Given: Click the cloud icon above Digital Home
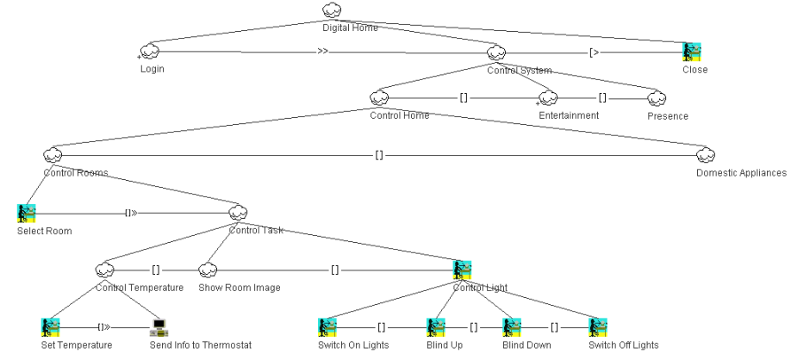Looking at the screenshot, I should [332, 11].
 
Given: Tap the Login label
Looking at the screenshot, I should [153, 70].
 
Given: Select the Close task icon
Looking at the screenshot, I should [692, 52].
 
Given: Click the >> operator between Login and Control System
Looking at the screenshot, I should [322, 52].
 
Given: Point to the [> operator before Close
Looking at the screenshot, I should [595, 52].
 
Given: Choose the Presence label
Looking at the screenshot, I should [668, 115].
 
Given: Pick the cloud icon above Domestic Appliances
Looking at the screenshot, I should [707, 155].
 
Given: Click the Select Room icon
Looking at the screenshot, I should [26, 213].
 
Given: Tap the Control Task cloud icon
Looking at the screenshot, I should [239, 213].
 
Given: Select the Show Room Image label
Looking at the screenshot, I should [239, 288].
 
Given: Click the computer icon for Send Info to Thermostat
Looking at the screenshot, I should [159, 327].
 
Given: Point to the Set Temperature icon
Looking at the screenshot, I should [50, 327].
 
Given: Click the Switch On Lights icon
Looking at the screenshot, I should [327, 327].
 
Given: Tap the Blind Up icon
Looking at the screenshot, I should [436, 327].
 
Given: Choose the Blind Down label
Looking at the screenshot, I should [526, 345].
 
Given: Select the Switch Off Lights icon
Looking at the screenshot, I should [597, 327].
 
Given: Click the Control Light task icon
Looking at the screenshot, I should [462, 270].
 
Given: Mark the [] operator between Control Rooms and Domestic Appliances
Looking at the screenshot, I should [379, 155].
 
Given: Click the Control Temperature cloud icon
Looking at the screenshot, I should [105, 270].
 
